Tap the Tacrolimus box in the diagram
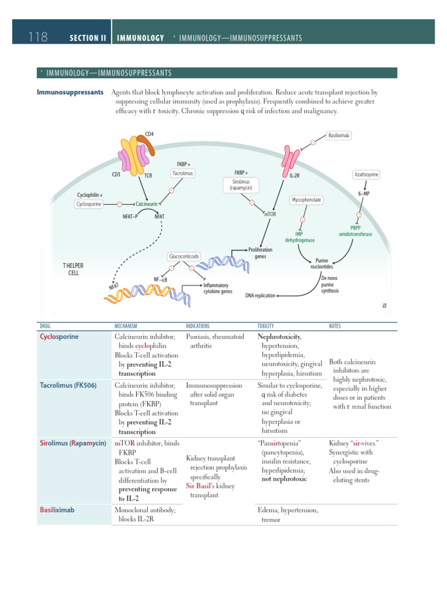point(182,173)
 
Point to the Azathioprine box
point(367,175)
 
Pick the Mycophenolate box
point(306,200)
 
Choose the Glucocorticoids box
point(183,256)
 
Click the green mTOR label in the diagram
point(270,214)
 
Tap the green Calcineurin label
point(144,204)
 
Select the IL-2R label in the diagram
point(295,175)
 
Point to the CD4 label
point(150,134)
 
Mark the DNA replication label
point(260,296)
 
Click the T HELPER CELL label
point(73,269)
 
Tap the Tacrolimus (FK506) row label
point(68,385)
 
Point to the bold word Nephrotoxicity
point(279,336)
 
